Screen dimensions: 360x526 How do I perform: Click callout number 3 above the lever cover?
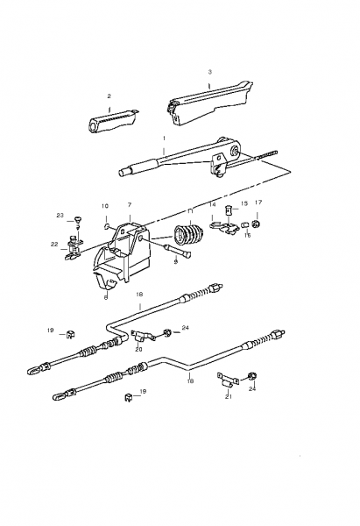(210, 72)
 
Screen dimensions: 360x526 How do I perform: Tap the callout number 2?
(109, 96)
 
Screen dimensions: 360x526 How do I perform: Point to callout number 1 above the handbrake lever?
(164, 139)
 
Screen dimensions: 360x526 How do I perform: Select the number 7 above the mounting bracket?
(130, 204)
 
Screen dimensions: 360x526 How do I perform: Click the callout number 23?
(60, 216)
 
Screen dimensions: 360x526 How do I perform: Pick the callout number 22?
(54, 245)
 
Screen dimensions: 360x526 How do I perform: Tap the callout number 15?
(244, 203)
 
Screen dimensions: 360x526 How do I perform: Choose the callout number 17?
(258, 203)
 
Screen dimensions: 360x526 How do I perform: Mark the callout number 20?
(138, 349)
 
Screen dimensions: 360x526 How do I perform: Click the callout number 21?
(229, 397)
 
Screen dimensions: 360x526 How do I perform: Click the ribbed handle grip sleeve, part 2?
(113, 122)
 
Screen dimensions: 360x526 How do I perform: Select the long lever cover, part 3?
(209, 103)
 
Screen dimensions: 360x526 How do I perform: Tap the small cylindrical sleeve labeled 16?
(245, 224)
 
